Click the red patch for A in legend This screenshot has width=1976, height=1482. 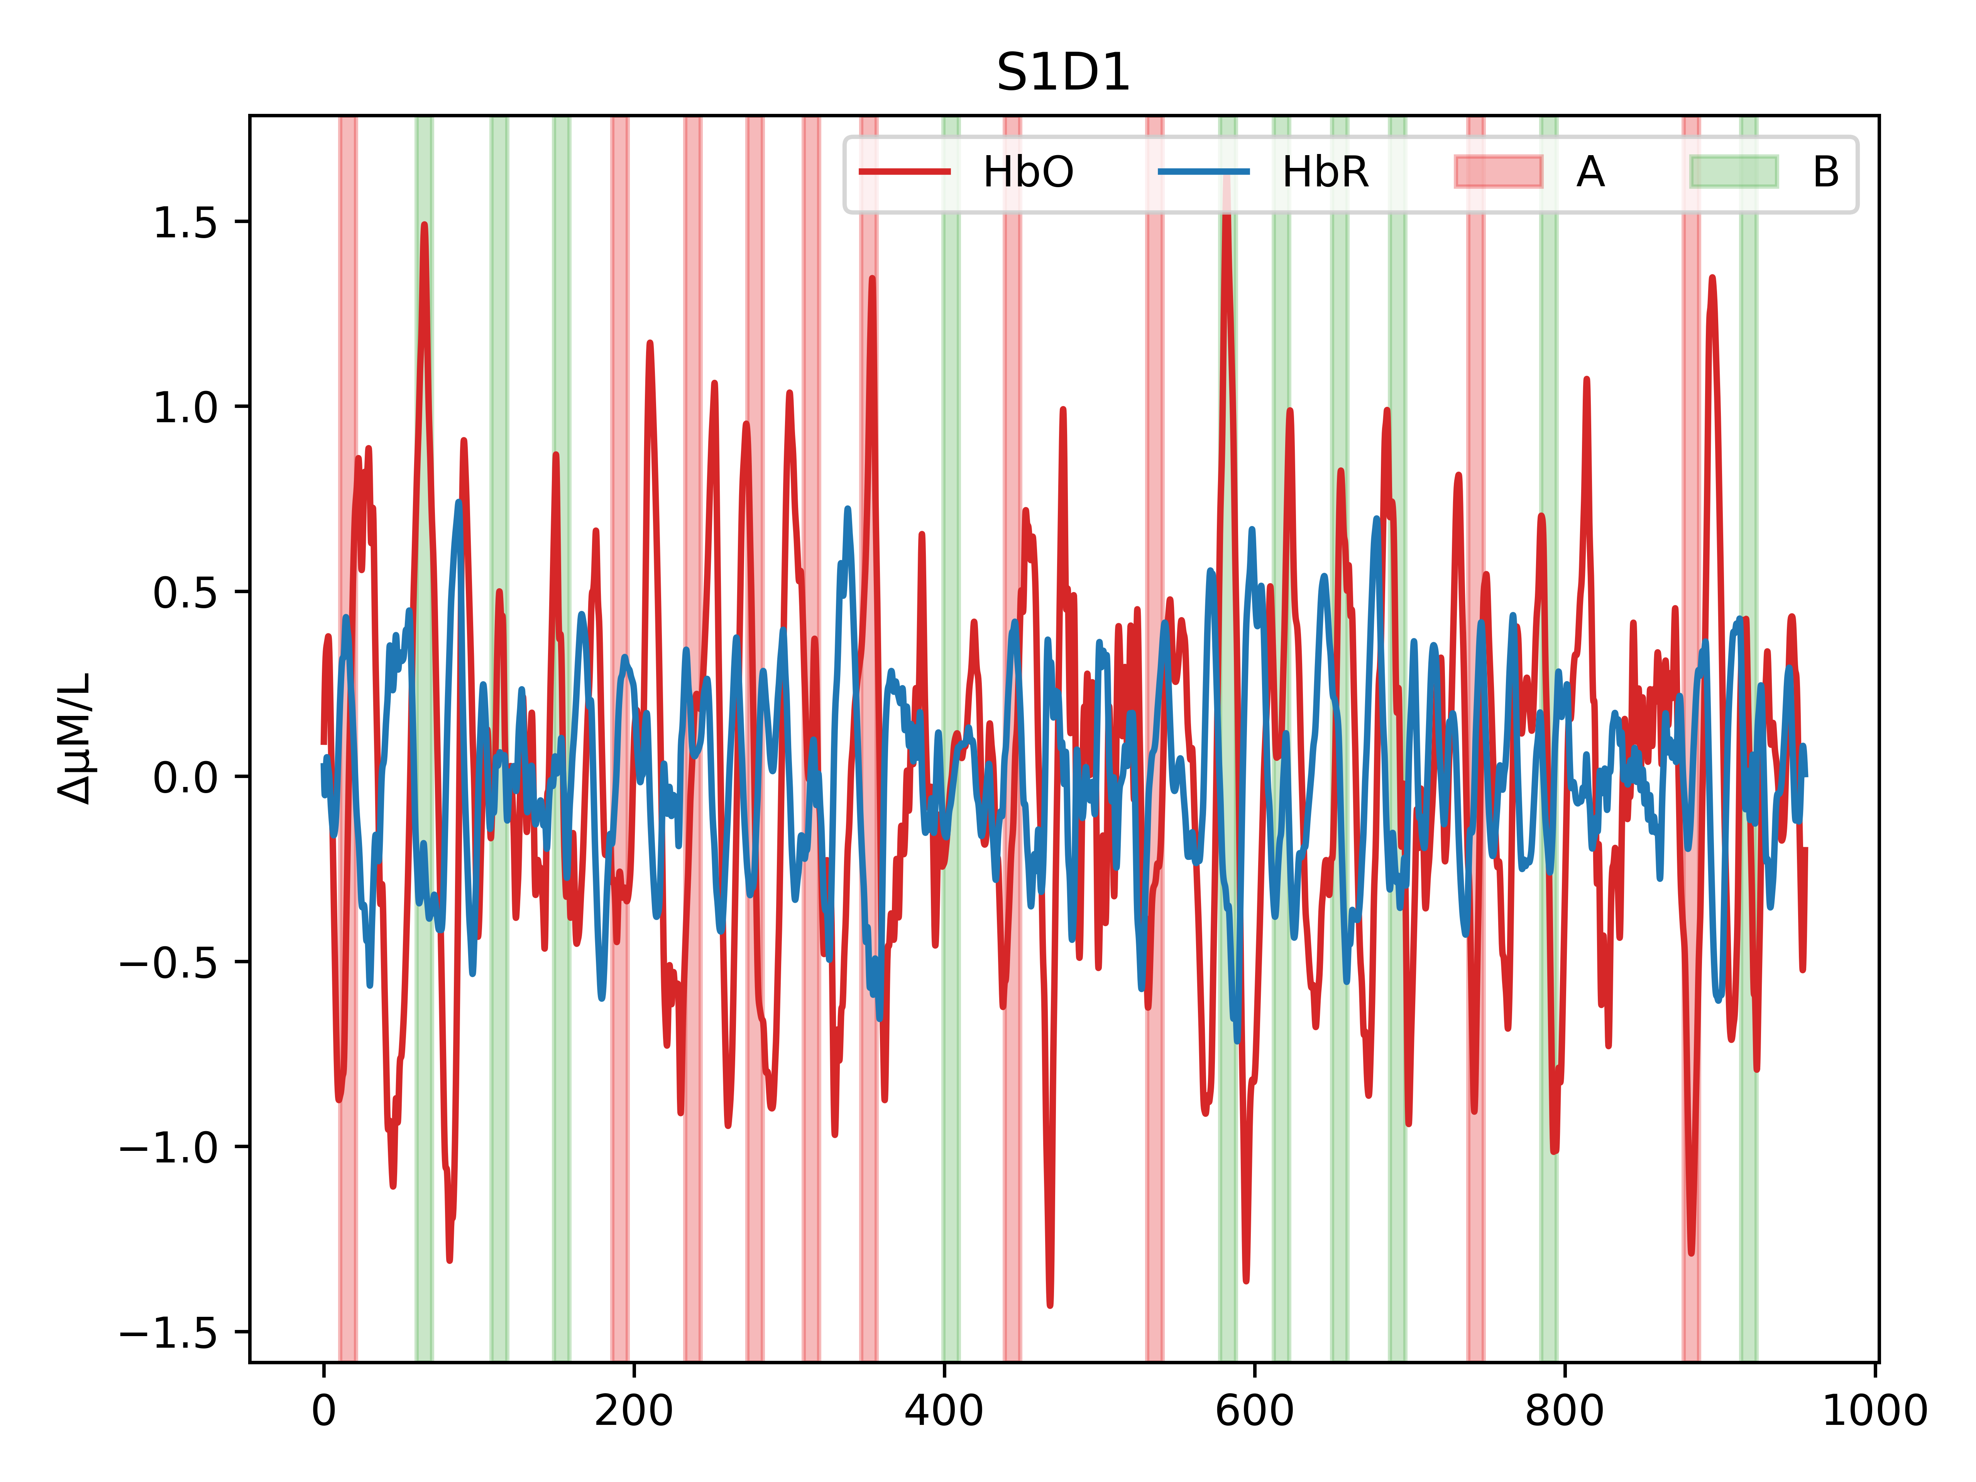[1498, 171]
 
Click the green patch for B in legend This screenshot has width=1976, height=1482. [1734, 171]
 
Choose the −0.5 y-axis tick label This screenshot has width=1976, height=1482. [169, 962]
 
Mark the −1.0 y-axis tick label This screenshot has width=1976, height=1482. [169, 1147]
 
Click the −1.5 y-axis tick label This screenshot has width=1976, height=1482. [169, 1332]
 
